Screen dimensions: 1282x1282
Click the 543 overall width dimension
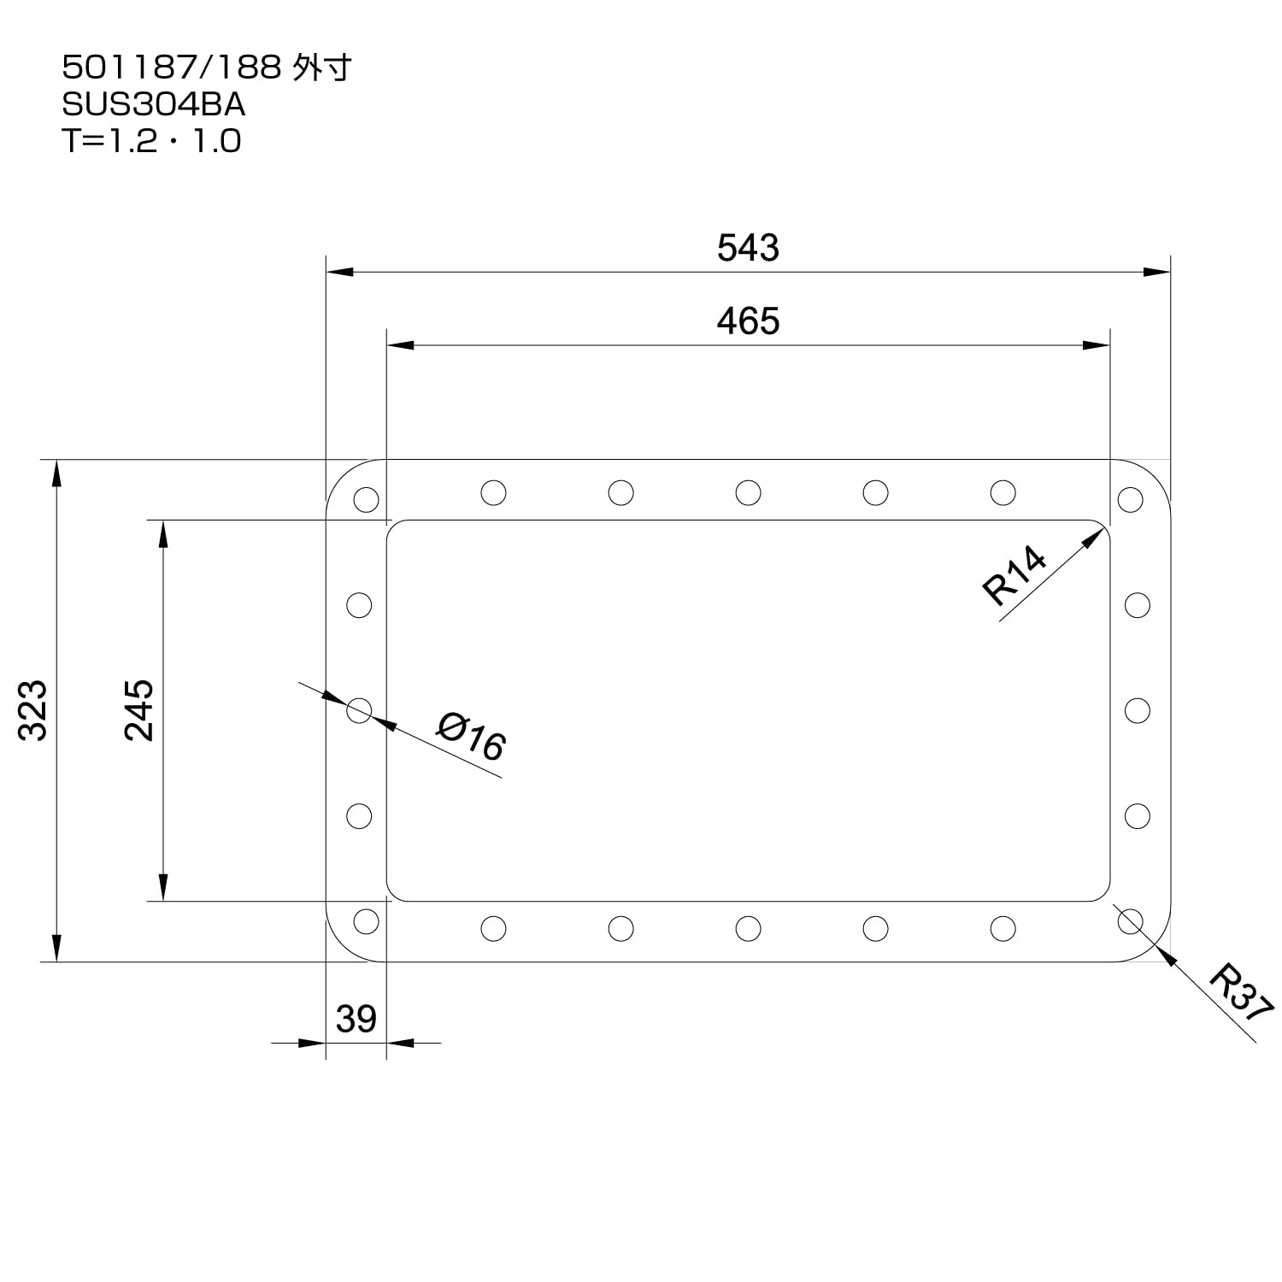click(748, 248)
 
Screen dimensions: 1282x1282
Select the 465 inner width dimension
click(748, 321)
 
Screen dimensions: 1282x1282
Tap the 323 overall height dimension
click(33, 709)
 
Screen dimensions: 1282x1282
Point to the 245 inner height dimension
click(138, 709)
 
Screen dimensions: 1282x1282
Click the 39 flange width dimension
click(356, 1019)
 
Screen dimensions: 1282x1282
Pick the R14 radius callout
click(1014, 576)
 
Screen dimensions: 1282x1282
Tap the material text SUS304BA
click(154, 104)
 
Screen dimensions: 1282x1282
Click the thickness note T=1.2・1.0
click(151, 141)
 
